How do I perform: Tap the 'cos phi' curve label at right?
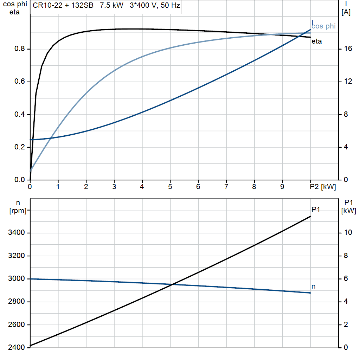point(323,26)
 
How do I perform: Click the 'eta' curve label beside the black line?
point(316,41)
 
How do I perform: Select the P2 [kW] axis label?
point(323,187)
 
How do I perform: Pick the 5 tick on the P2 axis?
point(170,187)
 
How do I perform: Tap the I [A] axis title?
point(346,8)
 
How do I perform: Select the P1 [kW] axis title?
point(348,206)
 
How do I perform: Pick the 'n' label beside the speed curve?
point(314,287)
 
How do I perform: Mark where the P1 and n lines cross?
point(172,284)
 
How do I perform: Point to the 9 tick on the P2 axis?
point(282,187)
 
